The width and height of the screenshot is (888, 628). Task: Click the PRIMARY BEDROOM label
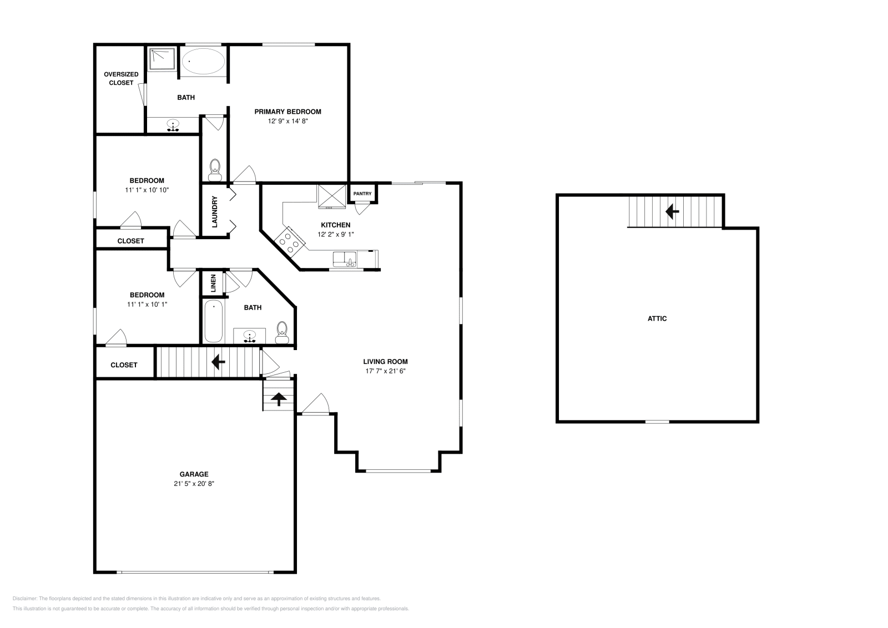point(287,112)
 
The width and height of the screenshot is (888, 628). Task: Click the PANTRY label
point(362,194)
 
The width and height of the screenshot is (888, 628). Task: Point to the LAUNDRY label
point(214,211)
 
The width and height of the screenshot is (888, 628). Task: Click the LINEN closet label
point(213,283)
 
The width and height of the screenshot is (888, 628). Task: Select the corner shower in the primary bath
point(162,59)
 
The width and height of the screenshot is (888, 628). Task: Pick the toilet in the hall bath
point(282,330)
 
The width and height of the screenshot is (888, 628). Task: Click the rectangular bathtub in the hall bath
point(214,322)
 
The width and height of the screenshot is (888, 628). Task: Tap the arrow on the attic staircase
point(672,211)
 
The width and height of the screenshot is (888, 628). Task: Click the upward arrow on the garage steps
point(279,398)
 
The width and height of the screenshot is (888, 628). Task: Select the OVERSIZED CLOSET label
point(121,78)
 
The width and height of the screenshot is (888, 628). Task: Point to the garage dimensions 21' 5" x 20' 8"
point(194,483)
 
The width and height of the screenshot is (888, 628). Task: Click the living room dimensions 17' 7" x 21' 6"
point(386,371)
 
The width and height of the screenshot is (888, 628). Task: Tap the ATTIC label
point(657,318)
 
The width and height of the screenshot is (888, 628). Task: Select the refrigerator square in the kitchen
point(331,195)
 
